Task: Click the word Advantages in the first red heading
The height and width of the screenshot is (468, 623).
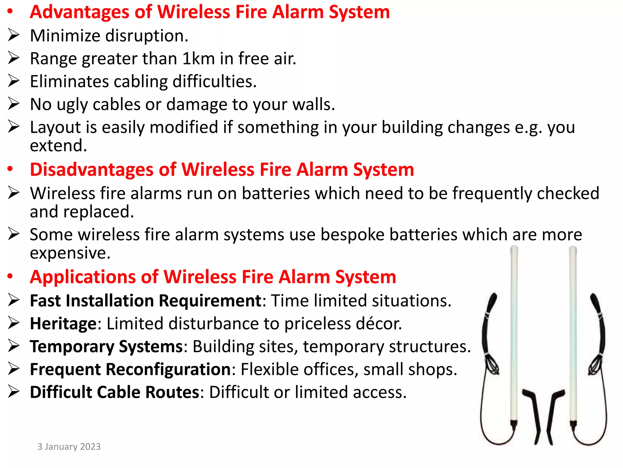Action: coord(80,12)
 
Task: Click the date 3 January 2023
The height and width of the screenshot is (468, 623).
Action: coord(69,446)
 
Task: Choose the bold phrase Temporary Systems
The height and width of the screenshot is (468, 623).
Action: coord(106,347)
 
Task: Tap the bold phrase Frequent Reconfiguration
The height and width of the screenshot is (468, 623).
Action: coord(131,370)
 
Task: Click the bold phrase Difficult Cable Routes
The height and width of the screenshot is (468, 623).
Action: coord(114,392)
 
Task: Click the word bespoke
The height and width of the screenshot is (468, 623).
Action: coord(352,235)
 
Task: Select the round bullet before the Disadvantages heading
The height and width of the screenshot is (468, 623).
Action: coord(10,169)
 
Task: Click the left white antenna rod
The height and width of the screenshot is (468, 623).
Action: coord(514,335)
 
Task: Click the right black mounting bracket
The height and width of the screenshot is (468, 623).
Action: coord(554,414)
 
